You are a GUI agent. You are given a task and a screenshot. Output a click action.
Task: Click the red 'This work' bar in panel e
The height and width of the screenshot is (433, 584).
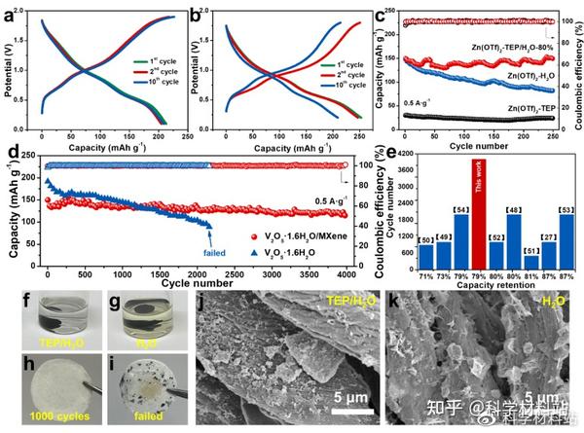click(480, 214)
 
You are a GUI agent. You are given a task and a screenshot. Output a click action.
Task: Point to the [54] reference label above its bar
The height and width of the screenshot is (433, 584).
click(460, 209)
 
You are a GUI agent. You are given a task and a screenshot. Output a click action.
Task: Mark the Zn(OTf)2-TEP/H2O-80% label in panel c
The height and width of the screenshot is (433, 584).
click(514, 44)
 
